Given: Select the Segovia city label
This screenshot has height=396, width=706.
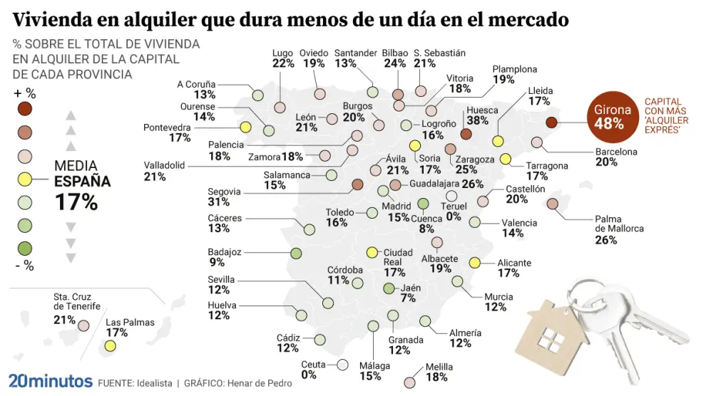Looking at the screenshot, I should coord(225,192).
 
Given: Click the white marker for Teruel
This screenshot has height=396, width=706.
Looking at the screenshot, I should coord(451,196).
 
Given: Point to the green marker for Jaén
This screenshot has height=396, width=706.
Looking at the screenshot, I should coord(389,288).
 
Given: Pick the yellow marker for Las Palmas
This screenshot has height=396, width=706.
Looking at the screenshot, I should coord(110,346).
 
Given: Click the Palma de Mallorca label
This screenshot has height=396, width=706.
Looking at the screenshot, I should coord(619,224).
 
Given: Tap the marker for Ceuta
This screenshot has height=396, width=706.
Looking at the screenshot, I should coord(343,365).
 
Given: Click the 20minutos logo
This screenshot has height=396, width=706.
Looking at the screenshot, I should coord(50,381).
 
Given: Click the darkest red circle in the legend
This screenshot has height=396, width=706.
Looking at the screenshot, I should coord(25,109).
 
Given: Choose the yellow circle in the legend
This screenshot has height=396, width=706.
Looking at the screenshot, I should coord(25,179).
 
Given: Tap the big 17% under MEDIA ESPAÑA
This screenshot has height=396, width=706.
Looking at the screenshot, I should coord(76,202).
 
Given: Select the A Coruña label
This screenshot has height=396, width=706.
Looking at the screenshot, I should coord(196,84).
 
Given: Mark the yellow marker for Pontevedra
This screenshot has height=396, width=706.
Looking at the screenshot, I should coord(245,127).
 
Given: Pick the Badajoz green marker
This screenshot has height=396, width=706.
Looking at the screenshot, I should coord(296,253).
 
